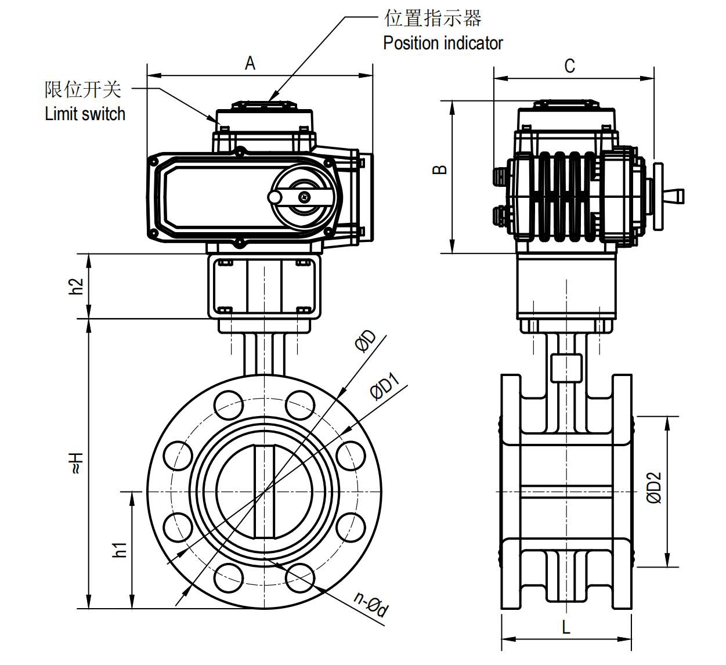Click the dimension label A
coord(250,63)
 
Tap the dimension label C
coord(569,66)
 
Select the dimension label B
coord(441,169)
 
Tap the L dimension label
coord(566,627)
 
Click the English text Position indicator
coord(443,43)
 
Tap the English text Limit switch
coord(85,113)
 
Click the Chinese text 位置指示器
coord(433,19)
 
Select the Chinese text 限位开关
coord(83,89)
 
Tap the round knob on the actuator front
coord(274,197)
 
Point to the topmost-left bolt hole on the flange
coord(229,404)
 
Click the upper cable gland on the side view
coord(499,176)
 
